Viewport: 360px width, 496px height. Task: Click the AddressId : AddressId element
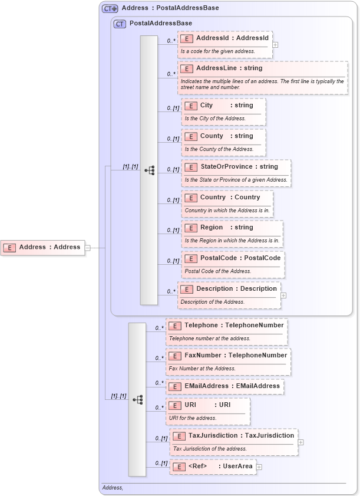tap(226, 38)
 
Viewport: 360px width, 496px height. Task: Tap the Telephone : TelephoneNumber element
tap(227, 326)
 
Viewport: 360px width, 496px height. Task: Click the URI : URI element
tap(208, 405)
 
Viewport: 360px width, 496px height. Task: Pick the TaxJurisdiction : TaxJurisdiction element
tap(234, 436)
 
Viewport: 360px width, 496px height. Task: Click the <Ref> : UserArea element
tap(213, 467)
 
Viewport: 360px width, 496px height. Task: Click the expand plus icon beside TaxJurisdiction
tap(301, 442)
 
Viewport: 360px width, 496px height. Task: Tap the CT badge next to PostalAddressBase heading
tap(120, 24)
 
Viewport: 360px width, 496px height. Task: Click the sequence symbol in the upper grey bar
tap(149, 170)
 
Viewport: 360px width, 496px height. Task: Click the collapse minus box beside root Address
tap(88, 248)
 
